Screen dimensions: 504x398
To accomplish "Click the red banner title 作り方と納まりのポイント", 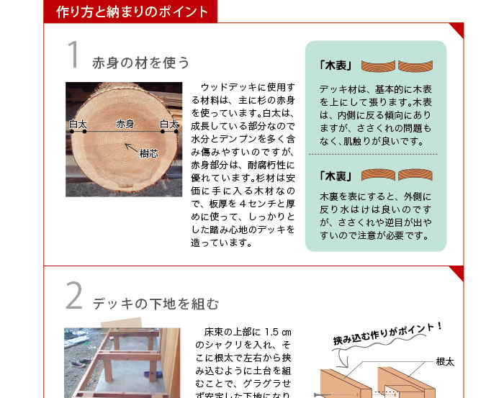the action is [x=132, y=12].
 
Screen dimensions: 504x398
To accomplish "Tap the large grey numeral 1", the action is [x=73, y=54].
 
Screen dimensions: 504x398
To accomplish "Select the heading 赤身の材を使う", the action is [x=141, y=63].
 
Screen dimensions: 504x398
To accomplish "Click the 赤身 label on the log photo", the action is [x=125, y=124].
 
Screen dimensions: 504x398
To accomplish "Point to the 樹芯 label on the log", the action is [x=149, y=153].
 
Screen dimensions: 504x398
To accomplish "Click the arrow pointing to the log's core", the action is [x=131, y=148].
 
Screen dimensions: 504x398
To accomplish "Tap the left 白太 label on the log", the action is [x=78, y=125].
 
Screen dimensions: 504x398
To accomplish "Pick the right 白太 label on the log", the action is [x=169, y=124].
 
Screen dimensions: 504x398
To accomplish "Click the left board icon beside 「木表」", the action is [x=378, y=65].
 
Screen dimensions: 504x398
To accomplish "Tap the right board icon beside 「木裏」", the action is [x=415, y=175].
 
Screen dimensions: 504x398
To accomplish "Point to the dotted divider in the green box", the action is [x=373, y=154].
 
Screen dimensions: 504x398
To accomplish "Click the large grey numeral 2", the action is [x=74, y=296].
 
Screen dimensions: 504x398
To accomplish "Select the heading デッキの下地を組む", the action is [x=156, y=304].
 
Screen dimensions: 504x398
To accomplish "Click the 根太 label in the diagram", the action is [x=445, y=362].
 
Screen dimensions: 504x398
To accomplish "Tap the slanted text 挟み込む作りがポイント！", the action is [x=387, y=334].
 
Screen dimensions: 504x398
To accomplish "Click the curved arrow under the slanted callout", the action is [x=343, y=358].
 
